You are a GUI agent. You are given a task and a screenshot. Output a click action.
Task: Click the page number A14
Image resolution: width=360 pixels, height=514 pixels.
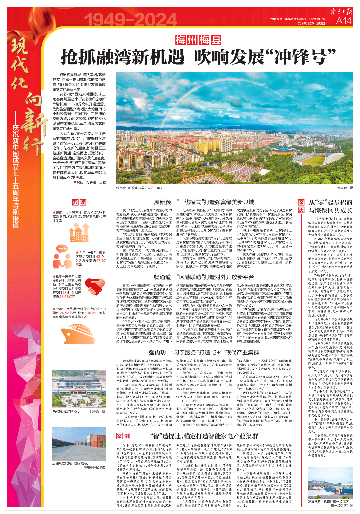pos(343,21)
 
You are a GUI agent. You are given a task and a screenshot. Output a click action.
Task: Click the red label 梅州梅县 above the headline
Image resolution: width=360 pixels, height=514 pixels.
pos(198,40)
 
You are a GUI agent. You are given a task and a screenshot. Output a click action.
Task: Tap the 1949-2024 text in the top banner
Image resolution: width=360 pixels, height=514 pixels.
pos(130,20)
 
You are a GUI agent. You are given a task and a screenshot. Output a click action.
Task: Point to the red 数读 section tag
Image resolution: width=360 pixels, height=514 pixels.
pos(79,202)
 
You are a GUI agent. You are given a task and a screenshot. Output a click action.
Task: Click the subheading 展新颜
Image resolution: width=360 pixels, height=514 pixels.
pos(162,202)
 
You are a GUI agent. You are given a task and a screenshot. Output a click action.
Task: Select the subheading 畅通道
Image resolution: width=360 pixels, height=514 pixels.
pos(162,277)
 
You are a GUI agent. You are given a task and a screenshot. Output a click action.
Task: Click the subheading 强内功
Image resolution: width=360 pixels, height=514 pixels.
pos(157,352)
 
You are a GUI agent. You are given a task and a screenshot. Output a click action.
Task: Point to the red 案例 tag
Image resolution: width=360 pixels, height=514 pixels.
pos(123,436)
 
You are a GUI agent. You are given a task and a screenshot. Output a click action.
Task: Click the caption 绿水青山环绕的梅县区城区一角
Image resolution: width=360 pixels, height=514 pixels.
pos(139,188)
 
